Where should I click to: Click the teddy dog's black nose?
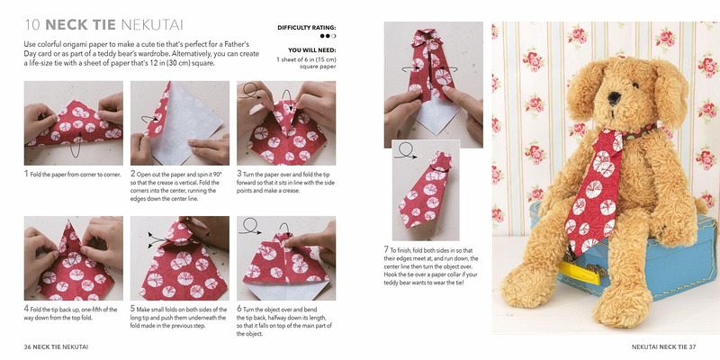click(614, 98)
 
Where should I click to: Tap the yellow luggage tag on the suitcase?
click(580, 273)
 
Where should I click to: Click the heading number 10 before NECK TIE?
click(32, 25)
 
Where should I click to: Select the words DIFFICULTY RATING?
click(306, 28)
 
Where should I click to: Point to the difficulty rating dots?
click(328, 36)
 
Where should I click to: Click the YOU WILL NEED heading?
click(311, 50)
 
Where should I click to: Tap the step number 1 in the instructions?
click(26, 175)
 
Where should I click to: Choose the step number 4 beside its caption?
click(26, 310)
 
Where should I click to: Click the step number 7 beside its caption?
click(386, 250)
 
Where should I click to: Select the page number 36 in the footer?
click(28, 346)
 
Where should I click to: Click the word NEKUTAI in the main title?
click(151, 25)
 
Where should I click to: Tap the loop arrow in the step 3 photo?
click(251, 91)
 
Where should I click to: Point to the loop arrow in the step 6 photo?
click(251, 226)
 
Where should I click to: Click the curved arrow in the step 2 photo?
click(149, 120)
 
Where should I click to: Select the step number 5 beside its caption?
click(132, 310)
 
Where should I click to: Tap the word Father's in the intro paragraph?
click(236, 44)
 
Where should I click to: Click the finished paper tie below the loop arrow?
click(425, 190)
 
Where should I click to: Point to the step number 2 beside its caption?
click(132, 175)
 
